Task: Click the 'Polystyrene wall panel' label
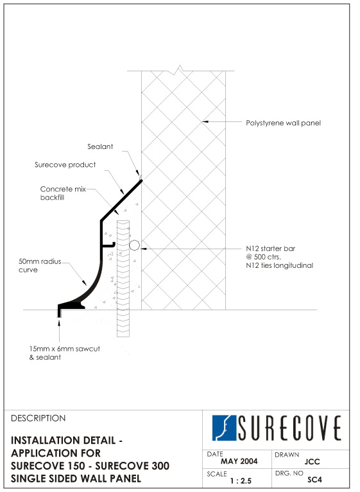pos(283,123)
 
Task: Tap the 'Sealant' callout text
pos(100,146)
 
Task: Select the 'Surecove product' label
pos(65,164)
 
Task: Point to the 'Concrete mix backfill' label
pos(63,193)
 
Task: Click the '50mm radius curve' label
pos(40,265)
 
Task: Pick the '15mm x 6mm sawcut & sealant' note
pos(65,353)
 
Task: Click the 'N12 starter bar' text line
pos(270,249)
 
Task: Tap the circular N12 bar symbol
pos(134,245)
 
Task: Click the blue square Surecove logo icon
pos(224,428)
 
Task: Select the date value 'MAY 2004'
pos(239,461)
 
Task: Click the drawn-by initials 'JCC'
pos(312,462)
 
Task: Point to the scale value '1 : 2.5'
pos(241,480)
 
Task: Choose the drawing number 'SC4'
pos(314,480)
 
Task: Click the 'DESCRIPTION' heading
pos(39,418)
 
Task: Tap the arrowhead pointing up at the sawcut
pos(59,321)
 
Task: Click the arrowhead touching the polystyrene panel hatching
pos(205,121)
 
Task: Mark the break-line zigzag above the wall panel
pos(180,69)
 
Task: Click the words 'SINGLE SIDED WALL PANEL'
pos(76,479)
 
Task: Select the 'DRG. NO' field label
pos(289,473)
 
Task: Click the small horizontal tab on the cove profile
pos(108,245)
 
